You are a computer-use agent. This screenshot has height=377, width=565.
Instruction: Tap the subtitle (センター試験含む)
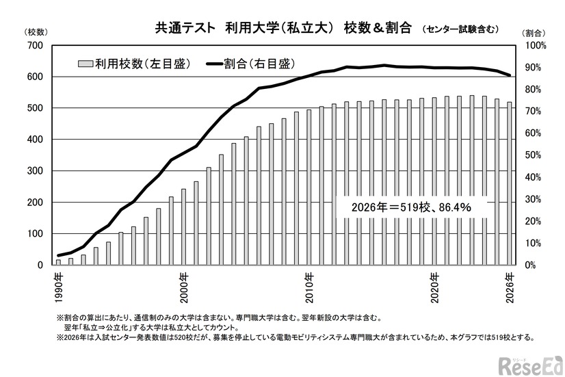tap(460, 29)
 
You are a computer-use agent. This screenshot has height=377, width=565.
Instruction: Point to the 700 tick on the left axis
tap(36, 45)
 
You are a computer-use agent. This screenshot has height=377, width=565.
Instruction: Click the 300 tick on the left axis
tap(36, 171)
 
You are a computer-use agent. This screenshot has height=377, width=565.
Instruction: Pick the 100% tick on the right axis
tap(535, 45)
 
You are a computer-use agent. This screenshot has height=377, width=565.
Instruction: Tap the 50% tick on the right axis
tap(535, 155)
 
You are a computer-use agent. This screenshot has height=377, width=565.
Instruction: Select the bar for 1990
tap(58, 262)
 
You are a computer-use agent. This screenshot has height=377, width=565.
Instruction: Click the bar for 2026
tap(510, 183)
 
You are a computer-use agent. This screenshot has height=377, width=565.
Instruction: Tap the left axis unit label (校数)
tap(35, 32)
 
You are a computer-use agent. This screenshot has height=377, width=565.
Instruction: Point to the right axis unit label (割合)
tap(534, 32)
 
